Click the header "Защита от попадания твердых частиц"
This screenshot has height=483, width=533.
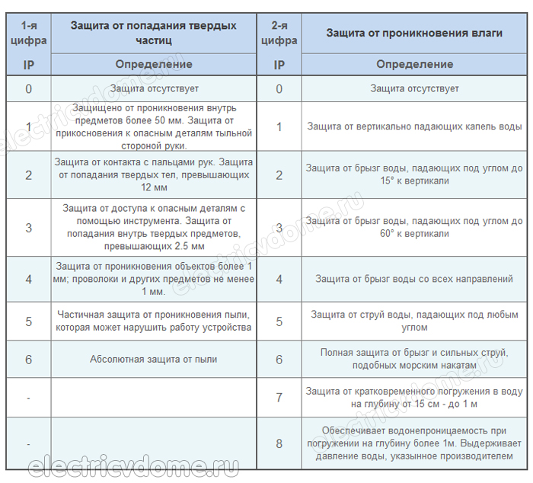(x=153, y=32)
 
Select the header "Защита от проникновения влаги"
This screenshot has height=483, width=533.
(x=414, y=33)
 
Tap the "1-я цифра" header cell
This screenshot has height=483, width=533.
(x=28, y=32)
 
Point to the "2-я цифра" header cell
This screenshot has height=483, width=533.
(x=279, y=32)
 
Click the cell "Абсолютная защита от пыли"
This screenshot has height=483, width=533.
(x=153, y=359)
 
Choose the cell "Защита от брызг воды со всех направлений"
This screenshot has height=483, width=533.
(x=414, y=280)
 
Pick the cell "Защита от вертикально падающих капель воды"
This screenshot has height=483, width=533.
(x=414, y=127)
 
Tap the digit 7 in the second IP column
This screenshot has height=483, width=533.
(x=279, y=397)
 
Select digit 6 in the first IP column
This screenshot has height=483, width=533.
(x=28, y=359)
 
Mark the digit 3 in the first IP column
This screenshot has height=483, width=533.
(x=28, y=227)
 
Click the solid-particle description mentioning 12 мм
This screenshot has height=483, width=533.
(x=153, y=175)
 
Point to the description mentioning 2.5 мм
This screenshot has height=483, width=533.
(x=153, y=227)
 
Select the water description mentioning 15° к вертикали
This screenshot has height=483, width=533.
(x=414, y=175)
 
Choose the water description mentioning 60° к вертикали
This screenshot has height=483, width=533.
(x=414, y=227)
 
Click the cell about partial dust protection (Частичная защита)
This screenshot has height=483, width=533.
(x=153, y=321)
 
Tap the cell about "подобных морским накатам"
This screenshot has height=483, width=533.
(x=414, y=359)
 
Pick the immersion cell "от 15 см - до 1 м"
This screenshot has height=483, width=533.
(x=414, y=397)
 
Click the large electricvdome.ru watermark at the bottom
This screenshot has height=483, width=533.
(x=133, y=466)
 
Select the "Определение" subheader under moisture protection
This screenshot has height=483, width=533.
(x=414, y=64)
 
